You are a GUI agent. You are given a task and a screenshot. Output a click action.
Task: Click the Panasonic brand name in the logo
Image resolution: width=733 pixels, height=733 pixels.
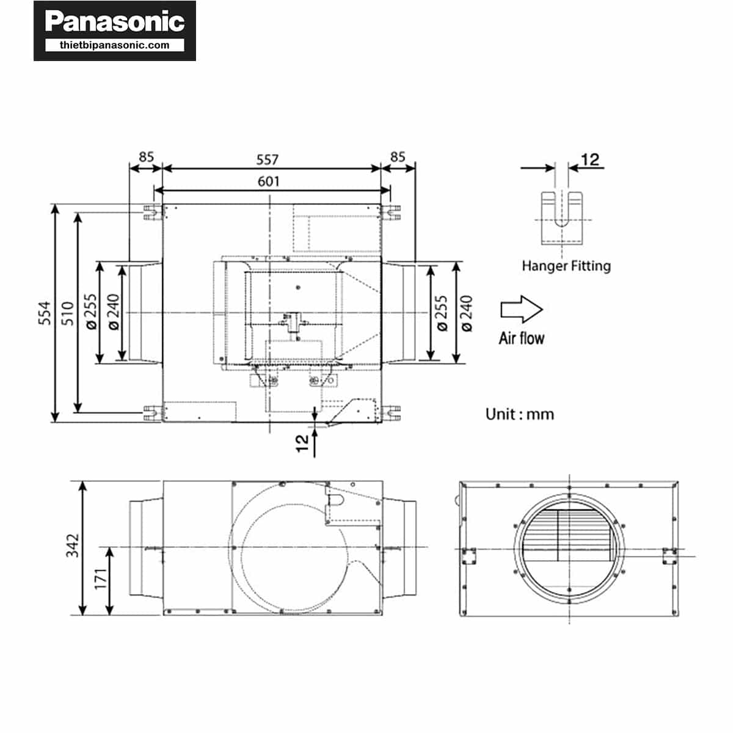pos(114,21)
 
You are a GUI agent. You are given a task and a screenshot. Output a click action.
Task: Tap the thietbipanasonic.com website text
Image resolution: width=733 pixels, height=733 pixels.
pos(114,45)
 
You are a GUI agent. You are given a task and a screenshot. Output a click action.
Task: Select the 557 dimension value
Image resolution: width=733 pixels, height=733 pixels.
pos(267,159)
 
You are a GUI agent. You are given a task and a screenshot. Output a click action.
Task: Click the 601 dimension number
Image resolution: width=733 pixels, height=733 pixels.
pos(268,181)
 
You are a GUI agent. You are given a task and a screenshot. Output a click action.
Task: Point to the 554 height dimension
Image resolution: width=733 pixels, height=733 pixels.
pos(45,313)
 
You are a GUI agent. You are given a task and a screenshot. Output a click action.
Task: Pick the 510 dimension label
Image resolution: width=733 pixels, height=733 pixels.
pos(68,313)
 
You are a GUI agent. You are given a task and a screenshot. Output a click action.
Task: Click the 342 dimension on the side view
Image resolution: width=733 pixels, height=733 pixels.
pos(72,545)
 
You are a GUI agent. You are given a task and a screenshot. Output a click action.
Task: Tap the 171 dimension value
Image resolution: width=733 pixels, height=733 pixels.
pos(100,579)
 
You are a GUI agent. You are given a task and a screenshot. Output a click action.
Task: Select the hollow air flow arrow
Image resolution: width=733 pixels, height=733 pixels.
pos(521,309)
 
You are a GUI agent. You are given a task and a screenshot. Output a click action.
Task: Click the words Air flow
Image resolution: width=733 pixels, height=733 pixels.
pos(521,338)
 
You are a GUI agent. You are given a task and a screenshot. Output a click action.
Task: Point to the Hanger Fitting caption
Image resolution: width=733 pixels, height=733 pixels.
pos(566,266)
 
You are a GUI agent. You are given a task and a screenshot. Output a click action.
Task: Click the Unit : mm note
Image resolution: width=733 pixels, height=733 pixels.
pos(519,414)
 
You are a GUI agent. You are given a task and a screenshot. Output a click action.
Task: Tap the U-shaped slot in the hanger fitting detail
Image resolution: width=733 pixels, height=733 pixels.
pos(562,209)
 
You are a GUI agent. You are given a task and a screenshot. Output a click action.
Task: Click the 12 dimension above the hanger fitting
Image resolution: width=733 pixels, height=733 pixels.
pos(590,159)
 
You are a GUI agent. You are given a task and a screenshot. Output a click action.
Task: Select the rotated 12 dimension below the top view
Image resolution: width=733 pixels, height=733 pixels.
pos(302,443)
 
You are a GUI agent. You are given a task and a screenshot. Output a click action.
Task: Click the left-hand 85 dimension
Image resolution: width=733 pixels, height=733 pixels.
pos(146,157)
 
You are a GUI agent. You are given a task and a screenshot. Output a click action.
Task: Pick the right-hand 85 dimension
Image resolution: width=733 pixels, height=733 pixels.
pos(398,157)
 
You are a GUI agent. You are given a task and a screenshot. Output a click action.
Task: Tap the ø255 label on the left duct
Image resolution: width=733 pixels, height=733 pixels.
pos(91,312)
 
